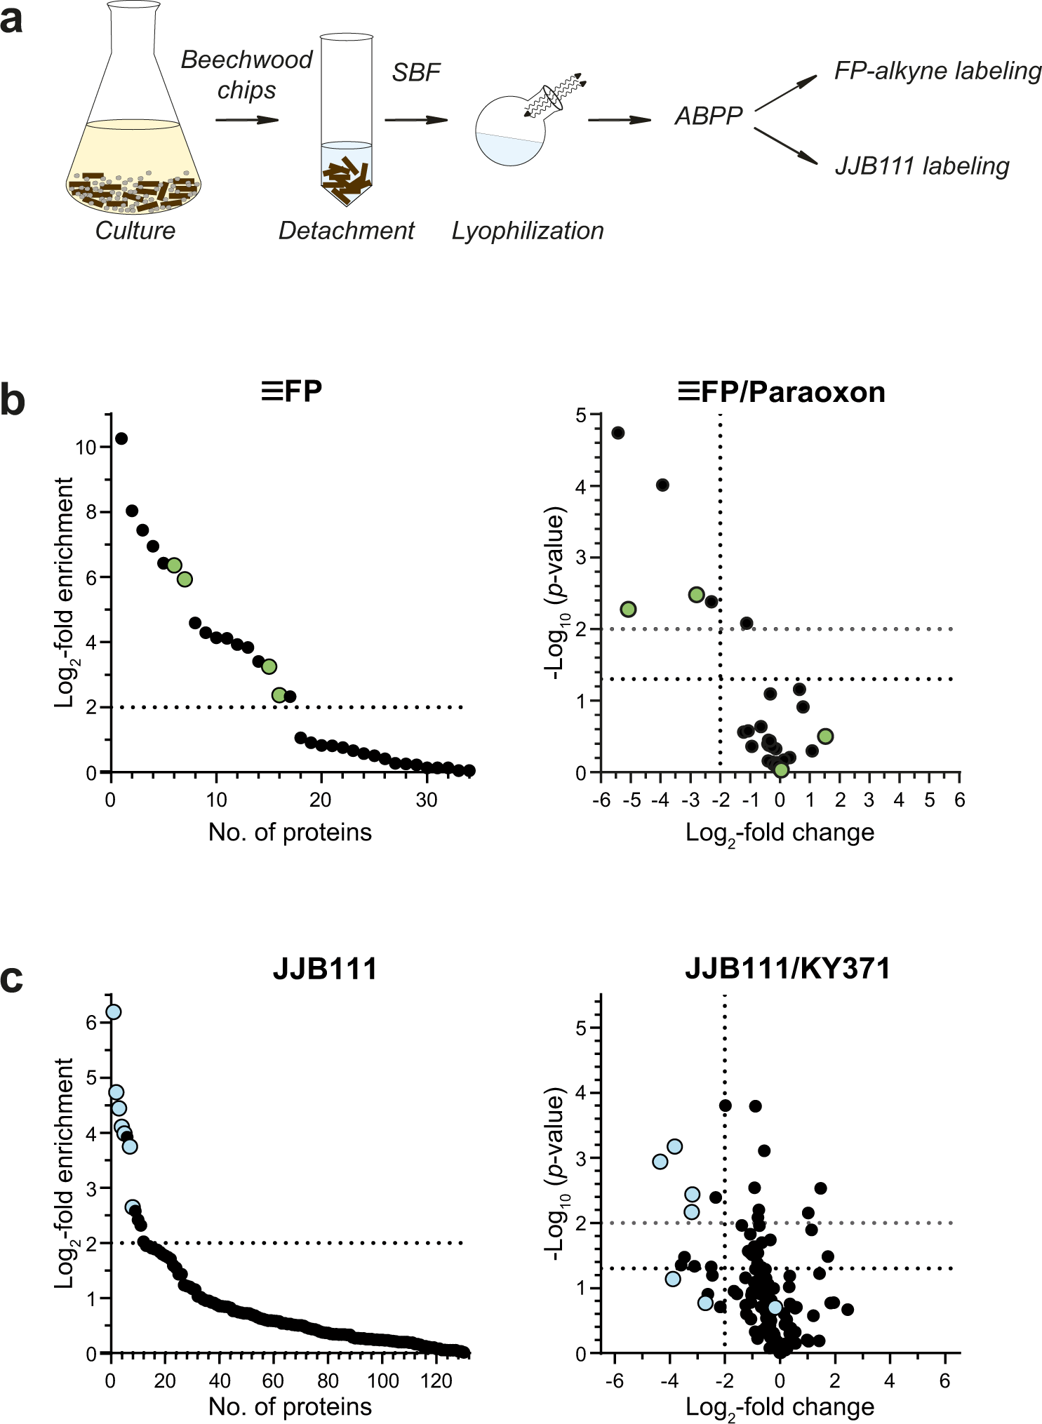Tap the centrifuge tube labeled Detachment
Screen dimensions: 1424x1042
[346, 119]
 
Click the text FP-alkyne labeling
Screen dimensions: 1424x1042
[937, 71]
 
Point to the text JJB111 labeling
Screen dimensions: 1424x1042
[921, 166]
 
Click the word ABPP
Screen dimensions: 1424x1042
[708, 116]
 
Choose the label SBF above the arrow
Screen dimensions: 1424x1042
[415, 72]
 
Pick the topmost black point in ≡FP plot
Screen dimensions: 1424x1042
[121, 438]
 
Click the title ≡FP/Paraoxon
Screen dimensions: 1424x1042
[782, 391]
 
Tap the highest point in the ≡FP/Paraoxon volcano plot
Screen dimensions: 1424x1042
[617, 433]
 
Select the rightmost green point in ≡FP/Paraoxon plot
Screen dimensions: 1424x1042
[825, 736]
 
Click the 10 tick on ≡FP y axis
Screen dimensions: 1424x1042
[86, 447]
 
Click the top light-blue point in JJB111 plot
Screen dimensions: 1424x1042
[113, 1012]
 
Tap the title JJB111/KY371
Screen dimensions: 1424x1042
[787, 969]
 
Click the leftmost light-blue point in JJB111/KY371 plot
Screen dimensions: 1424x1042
[660, 1161]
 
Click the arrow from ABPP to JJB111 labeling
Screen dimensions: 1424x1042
[786, 146]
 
